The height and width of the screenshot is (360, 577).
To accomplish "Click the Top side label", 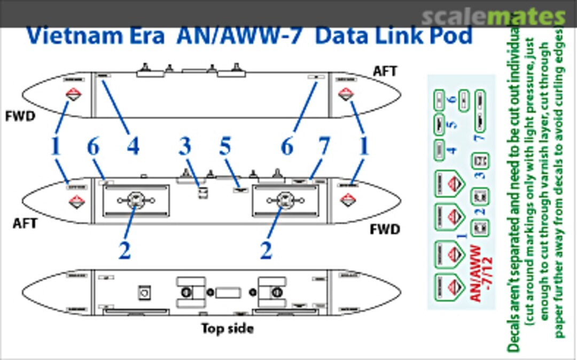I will (227, 328).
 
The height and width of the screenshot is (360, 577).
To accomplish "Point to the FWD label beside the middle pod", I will (385, 230).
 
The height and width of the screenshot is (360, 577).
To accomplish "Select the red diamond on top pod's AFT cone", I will (346, 95).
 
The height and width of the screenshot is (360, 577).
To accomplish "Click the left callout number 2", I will (124, 250).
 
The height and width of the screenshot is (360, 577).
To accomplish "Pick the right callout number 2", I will (266, 250).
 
